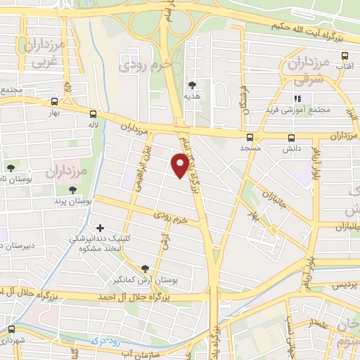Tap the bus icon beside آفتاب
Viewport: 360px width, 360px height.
345,56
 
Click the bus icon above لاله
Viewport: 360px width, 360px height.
94,113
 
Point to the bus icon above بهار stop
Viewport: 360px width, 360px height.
55,101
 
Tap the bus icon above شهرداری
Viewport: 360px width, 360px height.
11,329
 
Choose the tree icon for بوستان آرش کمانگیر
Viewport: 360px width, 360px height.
145,268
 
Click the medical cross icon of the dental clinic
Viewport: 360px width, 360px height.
101,229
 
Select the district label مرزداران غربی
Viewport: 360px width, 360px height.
44,53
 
